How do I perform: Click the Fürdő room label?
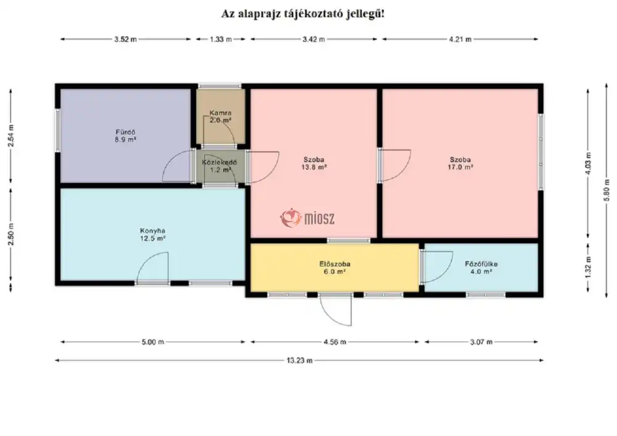pos(125,136)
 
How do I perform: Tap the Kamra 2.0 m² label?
pos(220,117)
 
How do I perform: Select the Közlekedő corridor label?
pos(220,166)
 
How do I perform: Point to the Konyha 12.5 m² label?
pos(152,234)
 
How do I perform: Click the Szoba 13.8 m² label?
pos(313,163)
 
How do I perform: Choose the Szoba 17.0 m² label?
pos(460,163)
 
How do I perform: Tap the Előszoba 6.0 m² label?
pos(335,268)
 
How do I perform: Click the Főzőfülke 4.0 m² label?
pos(481,268)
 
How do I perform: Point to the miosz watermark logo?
pos(307,218)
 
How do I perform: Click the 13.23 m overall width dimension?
pos(299,360)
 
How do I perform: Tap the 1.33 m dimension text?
pos(221,39)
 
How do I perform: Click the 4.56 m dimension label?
pos(335,342)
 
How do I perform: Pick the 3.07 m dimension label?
pos(481,342)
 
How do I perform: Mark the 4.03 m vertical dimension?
pos(588,163)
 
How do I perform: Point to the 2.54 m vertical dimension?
pos(10,136)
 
